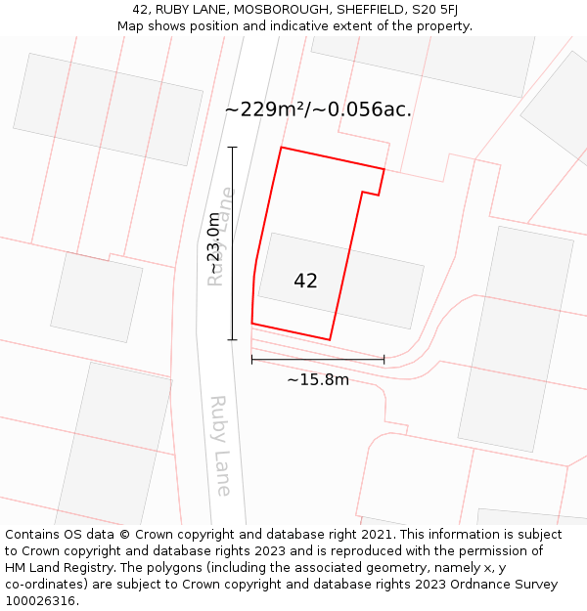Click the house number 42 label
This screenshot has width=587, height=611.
(x=305, y=281)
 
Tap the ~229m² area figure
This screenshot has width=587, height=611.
(x=265, y=109)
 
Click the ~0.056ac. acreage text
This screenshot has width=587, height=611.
(x=362, y=109)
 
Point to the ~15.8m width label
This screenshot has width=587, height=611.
(x=317, y=379)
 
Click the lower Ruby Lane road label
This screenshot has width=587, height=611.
(x=221, y=445)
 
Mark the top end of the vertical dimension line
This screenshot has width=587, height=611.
(x=232, y=147)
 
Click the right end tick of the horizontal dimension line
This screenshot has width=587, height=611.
(x=384, y=360)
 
